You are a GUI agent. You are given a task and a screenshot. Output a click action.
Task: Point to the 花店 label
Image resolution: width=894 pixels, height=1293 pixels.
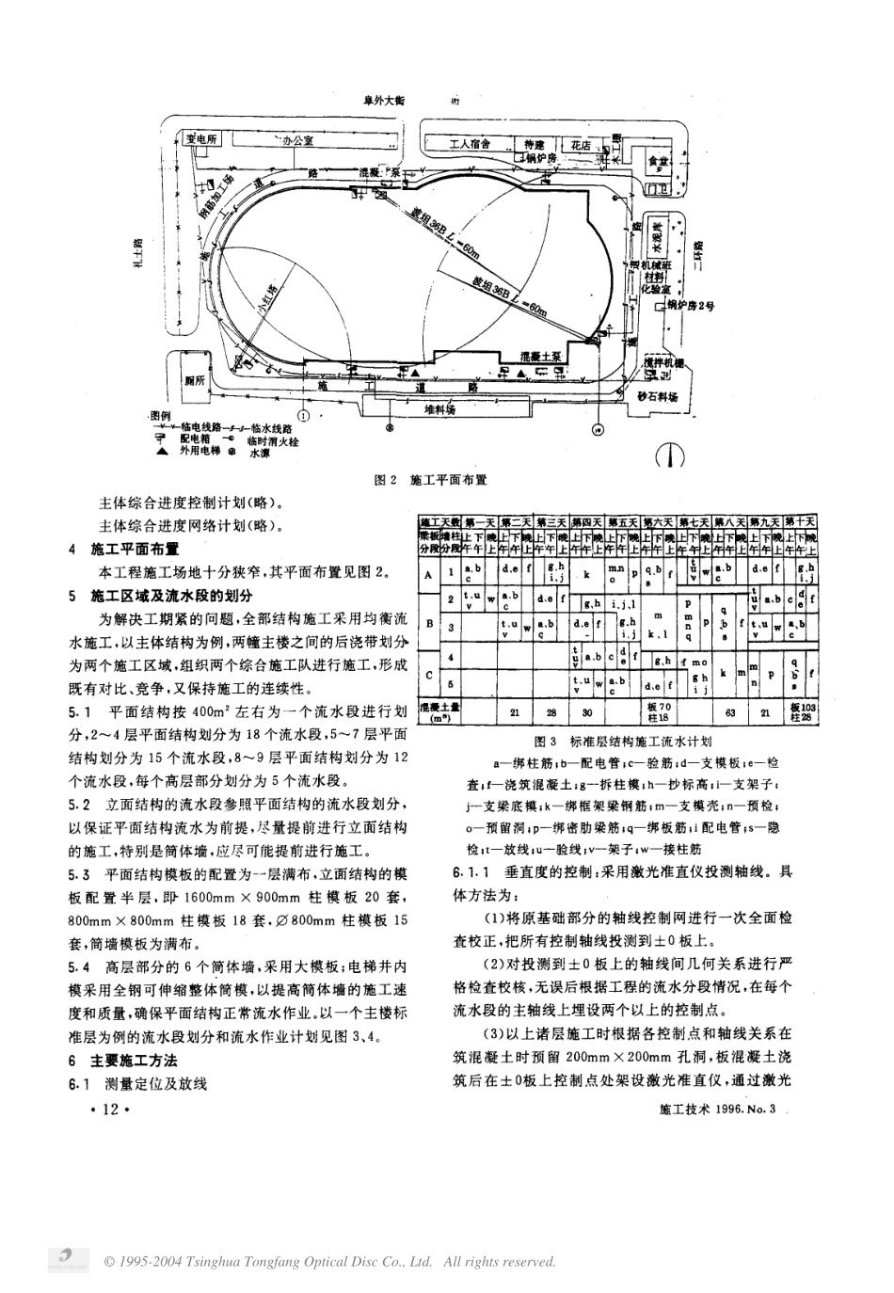(x=581, y=146)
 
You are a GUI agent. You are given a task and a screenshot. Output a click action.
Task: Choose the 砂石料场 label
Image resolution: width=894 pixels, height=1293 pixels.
(x=657, y=397)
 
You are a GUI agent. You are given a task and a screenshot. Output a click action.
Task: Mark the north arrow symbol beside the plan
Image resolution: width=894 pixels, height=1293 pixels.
(x=669, y=455)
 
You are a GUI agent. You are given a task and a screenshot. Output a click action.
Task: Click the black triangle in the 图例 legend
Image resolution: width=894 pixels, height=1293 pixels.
(x=162, y=452)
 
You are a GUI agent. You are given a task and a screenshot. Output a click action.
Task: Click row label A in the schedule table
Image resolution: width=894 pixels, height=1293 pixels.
(x=429, y=574)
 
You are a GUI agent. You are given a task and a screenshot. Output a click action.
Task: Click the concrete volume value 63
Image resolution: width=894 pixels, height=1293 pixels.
(x=729, y=712)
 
